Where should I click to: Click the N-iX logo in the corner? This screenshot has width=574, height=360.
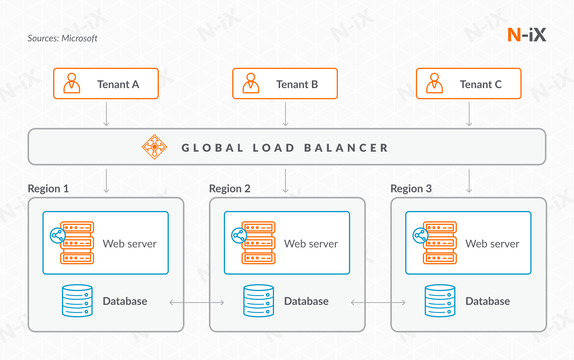(527, 35)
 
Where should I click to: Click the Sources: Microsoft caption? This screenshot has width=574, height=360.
(62, 38)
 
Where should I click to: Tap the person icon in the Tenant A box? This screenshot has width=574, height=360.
(72, 83)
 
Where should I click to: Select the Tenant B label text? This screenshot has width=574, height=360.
(297, 84)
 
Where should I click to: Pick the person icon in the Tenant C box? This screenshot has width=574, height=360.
(434, 83)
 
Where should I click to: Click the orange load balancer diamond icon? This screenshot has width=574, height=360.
(154, 147)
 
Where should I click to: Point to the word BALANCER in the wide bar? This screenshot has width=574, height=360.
(346, 148)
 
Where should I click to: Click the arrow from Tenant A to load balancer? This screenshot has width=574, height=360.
(106, 114)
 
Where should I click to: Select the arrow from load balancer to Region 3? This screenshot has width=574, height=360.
(469, 181)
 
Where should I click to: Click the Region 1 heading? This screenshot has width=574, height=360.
(48, 188)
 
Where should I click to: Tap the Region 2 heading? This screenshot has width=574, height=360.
(230, 188)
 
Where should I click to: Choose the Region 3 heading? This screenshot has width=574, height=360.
(411, 188)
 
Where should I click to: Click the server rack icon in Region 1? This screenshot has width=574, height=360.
(77, 243)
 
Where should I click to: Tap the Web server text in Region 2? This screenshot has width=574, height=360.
(311, 244)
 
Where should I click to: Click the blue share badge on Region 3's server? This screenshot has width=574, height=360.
(420, 236)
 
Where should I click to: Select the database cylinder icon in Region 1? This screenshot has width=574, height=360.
(77, 301)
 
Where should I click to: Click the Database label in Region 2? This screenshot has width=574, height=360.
(306, 301)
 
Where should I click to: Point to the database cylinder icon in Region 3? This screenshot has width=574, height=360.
(440, 301)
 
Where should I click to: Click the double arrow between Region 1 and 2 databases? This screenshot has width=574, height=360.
(197, 303)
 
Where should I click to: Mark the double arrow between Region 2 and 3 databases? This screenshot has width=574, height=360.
(378, 303)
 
